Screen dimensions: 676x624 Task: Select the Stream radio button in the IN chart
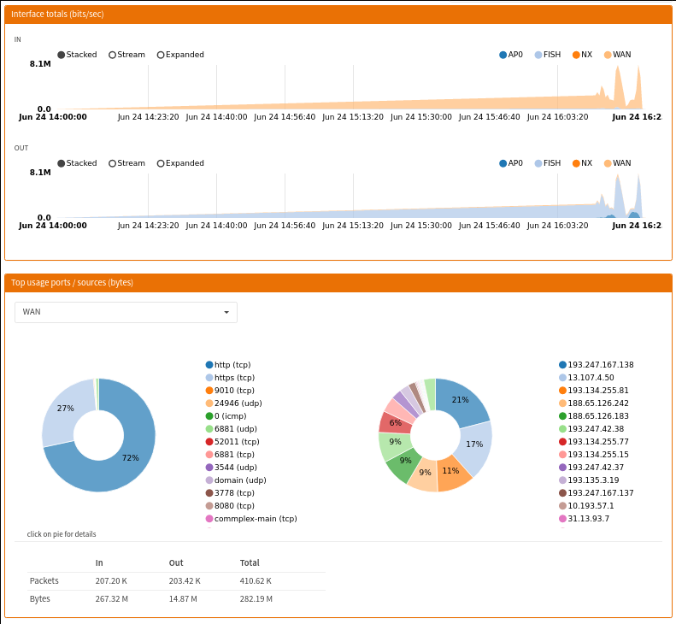click(x=113, y=55)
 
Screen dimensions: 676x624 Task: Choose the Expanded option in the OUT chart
click(x=161, y=163)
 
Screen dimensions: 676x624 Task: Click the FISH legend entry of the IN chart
click(x=548, y=55)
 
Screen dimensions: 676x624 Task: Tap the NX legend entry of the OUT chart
click(x=583, y=163)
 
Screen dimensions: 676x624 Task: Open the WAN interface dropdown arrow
click(x=226, y=312)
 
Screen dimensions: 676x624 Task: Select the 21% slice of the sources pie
click(x=461, y=401)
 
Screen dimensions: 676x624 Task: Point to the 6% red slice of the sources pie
click(x=395, y=422)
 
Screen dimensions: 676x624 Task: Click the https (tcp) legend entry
click(x=230, y=378)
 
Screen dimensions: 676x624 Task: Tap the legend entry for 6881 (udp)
click(x=231, y=429)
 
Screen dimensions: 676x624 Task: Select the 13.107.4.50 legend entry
click(x=586, y=378)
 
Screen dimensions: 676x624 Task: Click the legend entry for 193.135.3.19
click(x=589, y=480)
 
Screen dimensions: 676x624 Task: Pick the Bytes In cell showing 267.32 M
click(x=112, y=599)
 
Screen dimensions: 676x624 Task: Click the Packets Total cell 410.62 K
click(x=256, y=581)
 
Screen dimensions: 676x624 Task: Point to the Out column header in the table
click(x=176, y=562)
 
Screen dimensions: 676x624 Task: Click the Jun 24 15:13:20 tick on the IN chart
click(x=353, y=117)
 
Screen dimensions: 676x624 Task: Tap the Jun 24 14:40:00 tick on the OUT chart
click(x=216, y=226)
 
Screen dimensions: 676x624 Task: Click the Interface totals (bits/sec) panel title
click(x=57, y=15)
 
